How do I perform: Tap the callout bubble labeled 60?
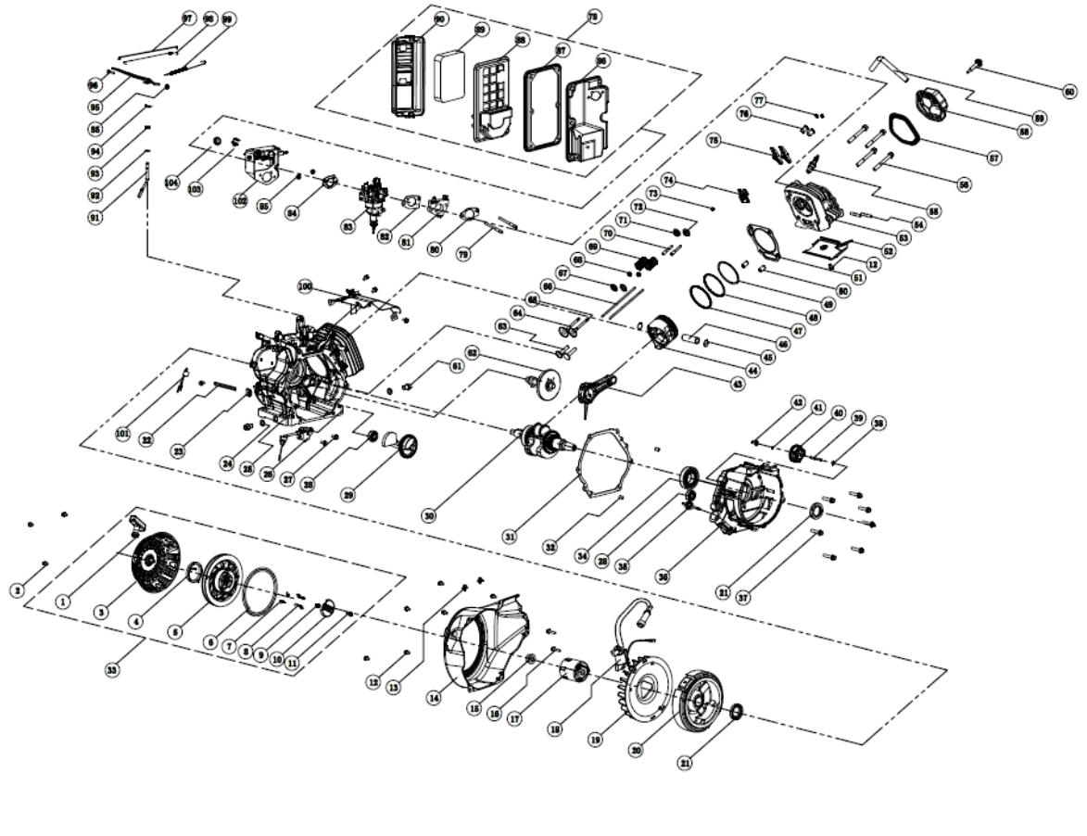pos(1070,92)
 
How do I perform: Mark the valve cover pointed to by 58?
pos(935,103)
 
